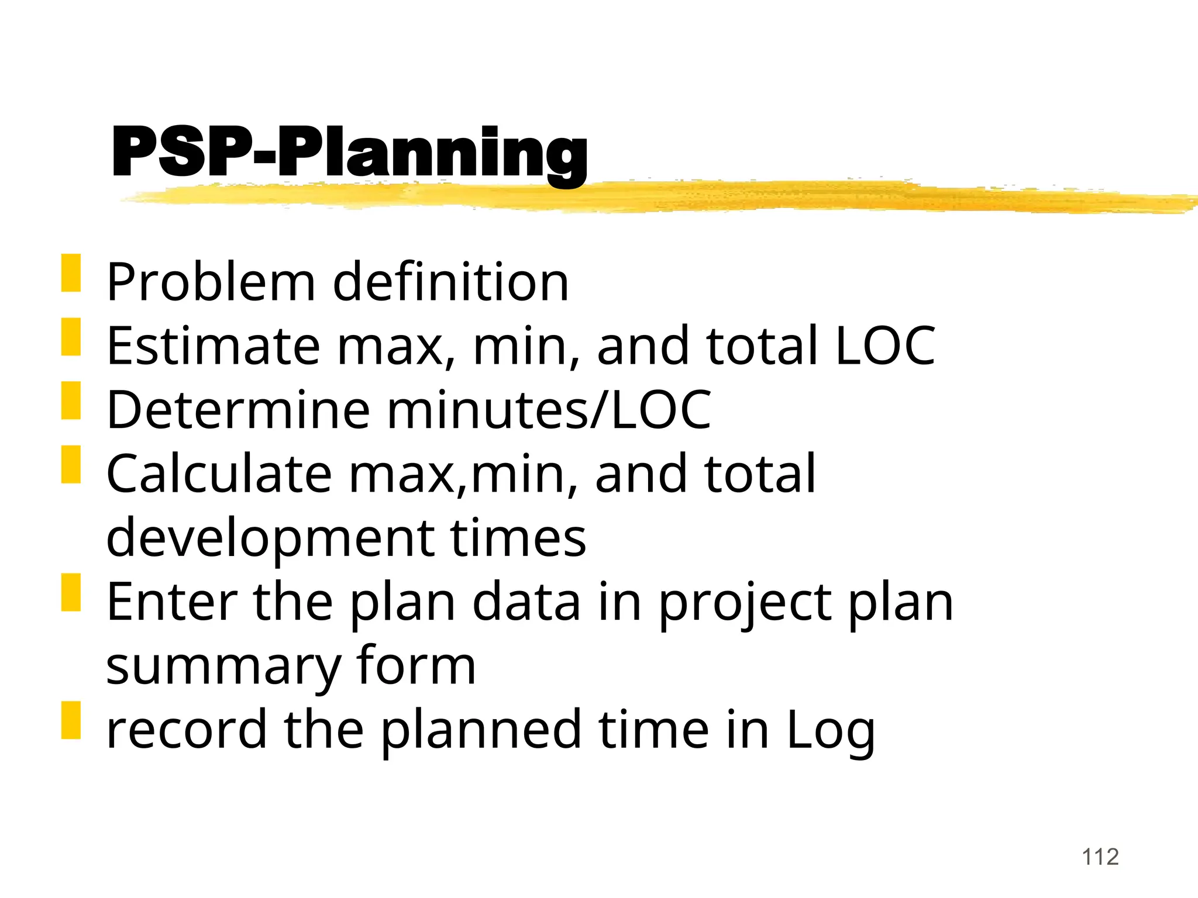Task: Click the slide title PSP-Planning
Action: click(349, 153)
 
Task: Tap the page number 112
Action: click(1100, 857)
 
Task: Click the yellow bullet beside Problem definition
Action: click(71, 272)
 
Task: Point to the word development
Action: click(270, 538)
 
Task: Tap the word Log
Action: click(831, 731)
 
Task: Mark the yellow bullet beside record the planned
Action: click(71, 720)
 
